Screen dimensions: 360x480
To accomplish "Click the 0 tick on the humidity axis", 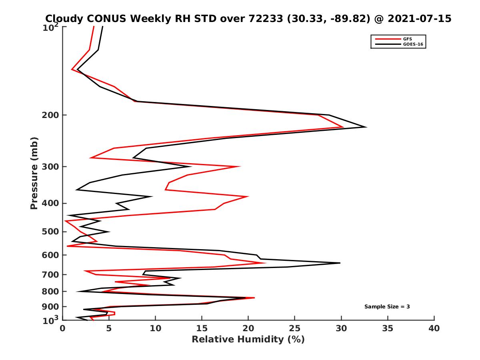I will coord(63,328).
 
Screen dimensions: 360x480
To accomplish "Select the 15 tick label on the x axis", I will coord(202,328).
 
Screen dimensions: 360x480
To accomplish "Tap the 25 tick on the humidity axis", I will coord(295,328).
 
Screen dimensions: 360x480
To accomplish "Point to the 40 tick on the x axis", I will coord(434,328).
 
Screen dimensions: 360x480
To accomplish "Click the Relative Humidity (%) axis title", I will coord(248,340).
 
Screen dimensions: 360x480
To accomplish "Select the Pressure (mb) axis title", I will coord(34,173).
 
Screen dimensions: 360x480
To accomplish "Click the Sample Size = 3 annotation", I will coord(387,307).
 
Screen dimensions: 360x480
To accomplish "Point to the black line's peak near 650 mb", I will coord(340,263).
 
